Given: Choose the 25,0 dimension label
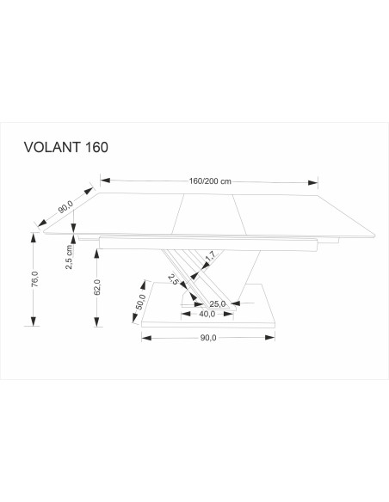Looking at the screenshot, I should (x=217, y=303).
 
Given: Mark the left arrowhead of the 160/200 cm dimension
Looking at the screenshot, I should (x=105, y=181).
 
